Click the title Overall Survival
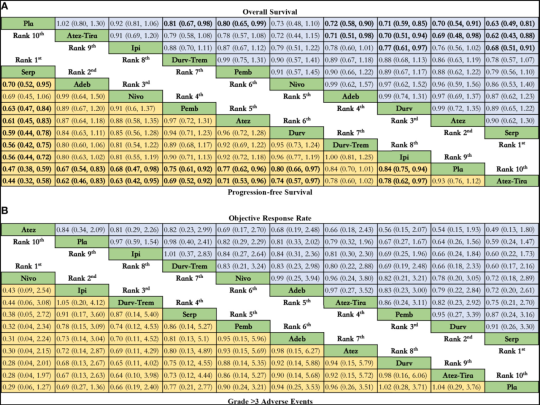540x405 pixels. click(270, 11)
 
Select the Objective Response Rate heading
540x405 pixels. click(270, 218)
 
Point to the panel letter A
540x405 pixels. click(5, 5)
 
